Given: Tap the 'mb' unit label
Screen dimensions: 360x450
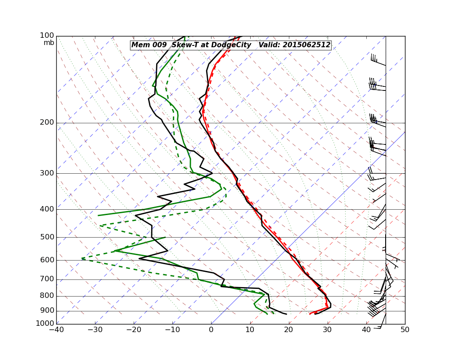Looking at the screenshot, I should pyautogui.click(x=49, y=43).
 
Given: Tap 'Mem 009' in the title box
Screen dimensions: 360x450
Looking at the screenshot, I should pyautogui.click(x=147, y=45).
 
